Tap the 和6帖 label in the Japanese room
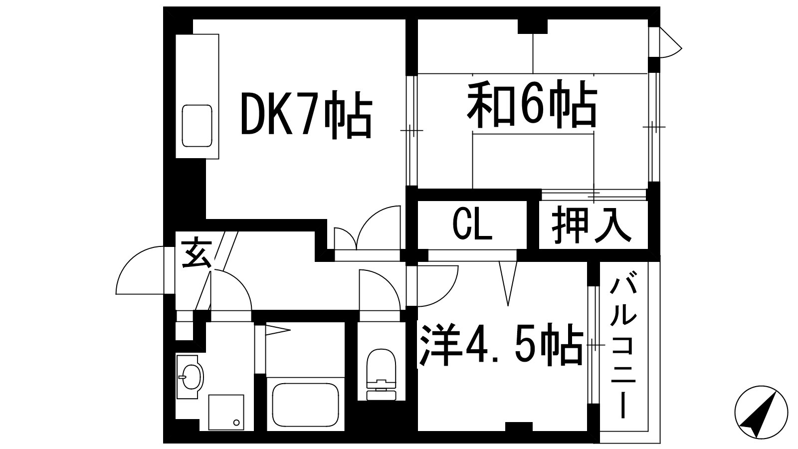click(532, 104)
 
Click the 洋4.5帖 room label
click(501, 344)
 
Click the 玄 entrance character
click(197, 253)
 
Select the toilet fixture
click(381, 374)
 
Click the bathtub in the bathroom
click(305, 405)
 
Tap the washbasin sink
click(190, 377)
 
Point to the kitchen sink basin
click(197, 126)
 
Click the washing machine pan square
click(226, 412)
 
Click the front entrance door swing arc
click(140, 270)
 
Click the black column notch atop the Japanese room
click(532, 26)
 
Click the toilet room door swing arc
click(380, 290)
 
